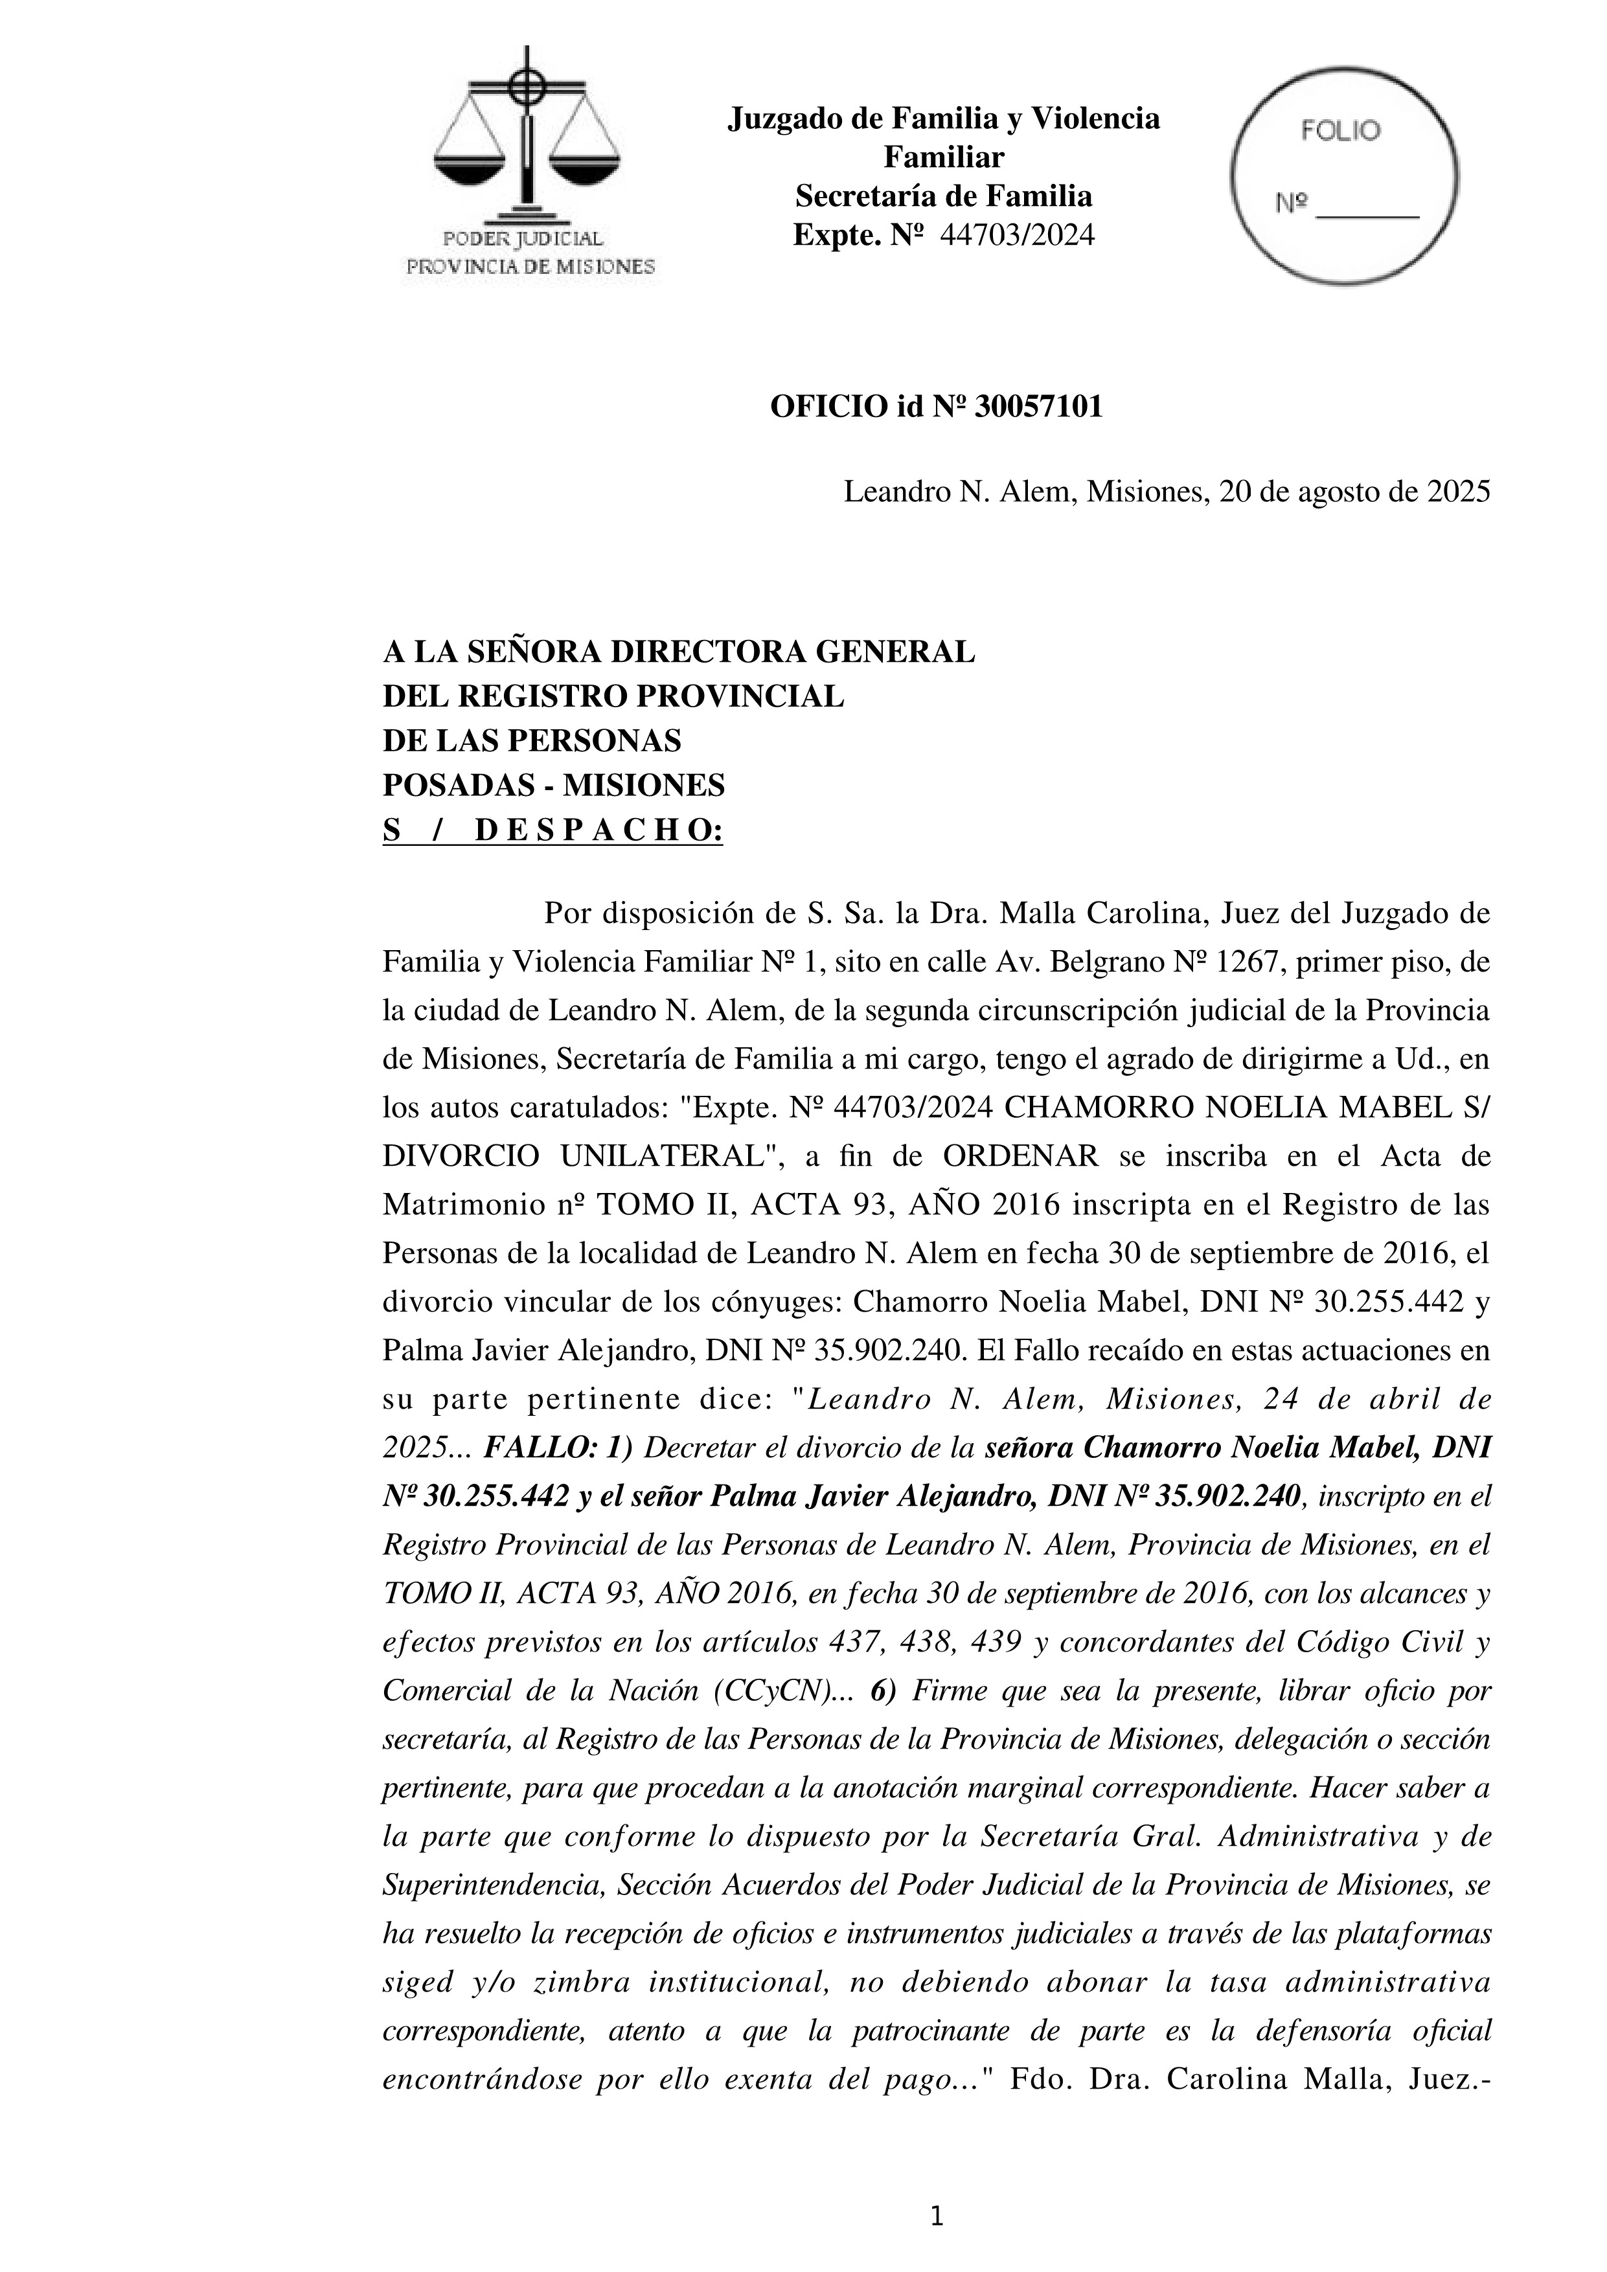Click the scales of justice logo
coord(527,139)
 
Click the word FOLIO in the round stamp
coord(1340,131)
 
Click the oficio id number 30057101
coord(1038,407)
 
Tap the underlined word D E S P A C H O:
coord(598,830)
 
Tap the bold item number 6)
coord(883,1691)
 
